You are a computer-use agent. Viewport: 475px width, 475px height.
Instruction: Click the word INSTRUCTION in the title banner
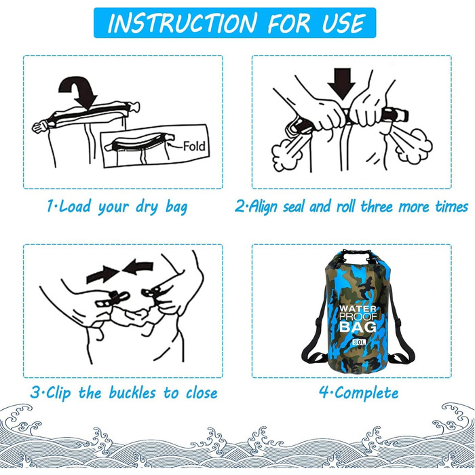click(x=183, y=22)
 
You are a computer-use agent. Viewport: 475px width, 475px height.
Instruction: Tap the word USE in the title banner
click(x=343, y=22)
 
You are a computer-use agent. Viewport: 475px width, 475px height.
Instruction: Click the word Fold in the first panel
click(x=194, y=147)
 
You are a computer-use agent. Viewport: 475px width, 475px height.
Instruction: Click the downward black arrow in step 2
click(x=342, y=83)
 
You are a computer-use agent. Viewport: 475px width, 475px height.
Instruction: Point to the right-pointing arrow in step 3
click(x=103, y=274)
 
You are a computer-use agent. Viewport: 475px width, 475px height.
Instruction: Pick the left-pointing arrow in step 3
click(x=138, y=267)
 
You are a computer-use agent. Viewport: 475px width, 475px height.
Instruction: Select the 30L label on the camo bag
click(x=359, y=342)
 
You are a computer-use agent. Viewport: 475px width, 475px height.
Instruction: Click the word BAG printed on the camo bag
click(x=358, y=327)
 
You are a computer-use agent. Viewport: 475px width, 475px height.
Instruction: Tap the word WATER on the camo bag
click(x=358, y=309)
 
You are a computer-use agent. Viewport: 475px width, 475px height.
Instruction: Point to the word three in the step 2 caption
click(x=377, y=206)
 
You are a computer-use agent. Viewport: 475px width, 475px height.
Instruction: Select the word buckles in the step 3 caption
click(x=132, y=393)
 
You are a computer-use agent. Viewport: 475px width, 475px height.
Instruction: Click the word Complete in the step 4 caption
click(x=366, y=393)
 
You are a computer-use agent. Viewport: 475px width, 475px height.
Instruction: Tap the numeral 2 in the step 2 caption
click(x=240, y=206)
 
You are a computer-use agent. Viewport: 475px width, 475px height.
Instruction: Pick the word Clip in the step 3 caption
click(x=58, y=393)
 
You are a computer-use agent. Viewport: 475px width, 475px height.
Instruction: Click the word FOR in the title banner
click(x=288, y=22)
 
